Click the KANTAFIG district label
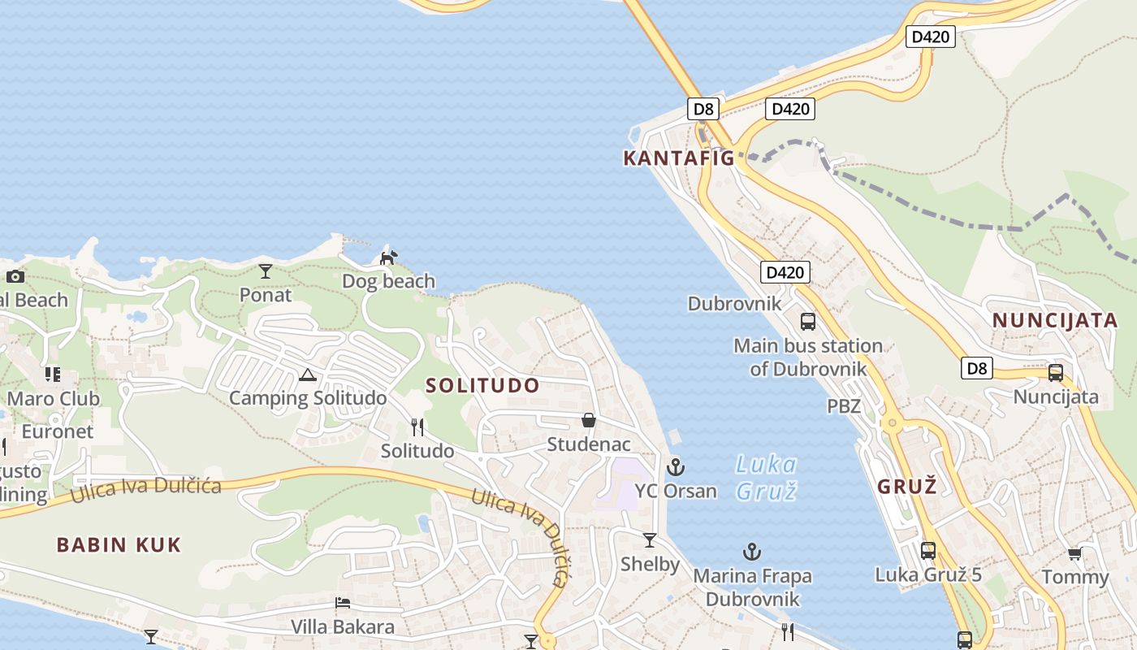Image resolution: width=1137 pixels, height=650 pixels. pos(678,158)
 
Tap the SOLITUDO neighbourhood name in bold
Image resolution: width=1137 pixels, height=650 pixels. pos(482,385)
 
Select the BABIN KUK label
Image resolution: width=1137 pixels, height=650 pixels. pos(119,544)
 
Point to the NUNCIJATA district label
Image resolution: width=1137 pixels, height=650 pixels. pos(1055,320)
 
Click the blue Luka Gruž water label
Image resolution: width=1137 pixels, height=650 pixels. pos(766,477)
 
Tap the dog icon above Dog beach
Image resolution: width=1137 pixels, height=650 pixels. pos(389,258)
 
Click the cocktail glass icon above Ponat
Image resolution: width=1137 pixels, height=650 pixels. pos(265,271)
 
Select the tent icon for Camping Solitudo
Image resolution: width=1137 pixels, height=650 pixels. pos(307,375)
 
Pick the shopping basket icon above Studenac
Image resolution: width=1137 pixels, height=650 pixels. pos(589,420)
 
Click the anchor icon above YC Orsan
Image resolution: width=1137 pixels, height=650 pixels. pos(676,467)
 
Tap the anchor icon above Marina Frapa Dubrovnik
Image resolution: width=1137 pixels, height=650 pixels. pos(752,552)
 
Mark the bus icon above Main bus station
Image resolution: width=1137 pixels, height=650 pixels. pos(807,321)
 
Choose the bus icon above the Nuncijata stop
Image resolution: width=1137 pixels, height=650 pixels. pos(1055,373)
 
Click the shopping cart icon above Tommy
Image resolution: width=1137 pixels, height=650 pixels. pos(1074,554)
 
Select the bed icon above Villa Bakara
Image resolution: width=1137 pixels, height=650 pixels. pos(343,603)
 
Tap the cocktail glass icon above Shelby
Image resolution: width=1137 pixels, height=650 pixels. pos(650,539)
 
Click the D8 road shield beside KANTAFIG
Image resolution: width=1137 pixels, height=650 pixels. pos(703,108)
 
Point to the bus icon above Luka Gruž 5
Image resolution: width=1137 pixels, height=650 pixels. pos(928,550)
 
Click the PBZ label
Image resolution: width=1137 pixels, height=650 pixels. pos(844,405)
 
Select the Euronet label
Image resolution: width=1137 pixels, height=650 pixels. pos(58,431)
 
